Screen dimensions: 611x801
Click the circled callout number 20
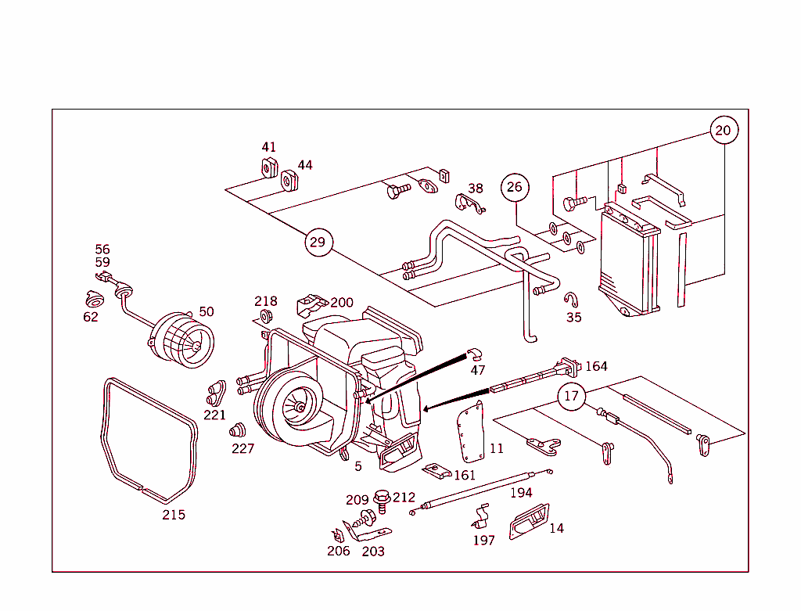[x=724, y=130]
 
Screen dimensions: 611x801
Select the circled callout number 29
[x=317, y=242]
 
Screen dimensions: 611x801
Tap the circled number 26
[x=514, y=187]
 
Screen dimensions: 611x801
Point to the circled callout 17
[x=572, y=396]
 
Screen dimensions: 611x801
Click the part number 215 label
[x=174, y=515]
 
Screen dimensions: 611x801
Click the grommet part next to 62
[x=95, y=300]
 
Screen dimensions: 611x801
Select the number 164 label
[x=596, y=366]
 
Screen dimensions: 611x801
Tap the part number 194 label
[x=521, y=492]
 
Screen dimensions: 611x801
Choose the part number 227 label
[x=242, y=449]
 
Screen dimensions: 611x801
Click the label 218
[x=265, y=302]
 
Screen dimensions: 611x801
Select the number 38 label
[x=476, y=189]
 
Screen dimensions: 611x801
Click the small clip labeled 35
[x=572, y=299]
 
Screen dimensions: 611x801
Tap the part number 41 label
[x=268, y=147]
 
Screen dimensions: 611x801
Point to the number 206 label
[x=339, y=551]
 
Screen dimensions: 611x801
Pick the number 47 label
[x=477, y=369]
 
